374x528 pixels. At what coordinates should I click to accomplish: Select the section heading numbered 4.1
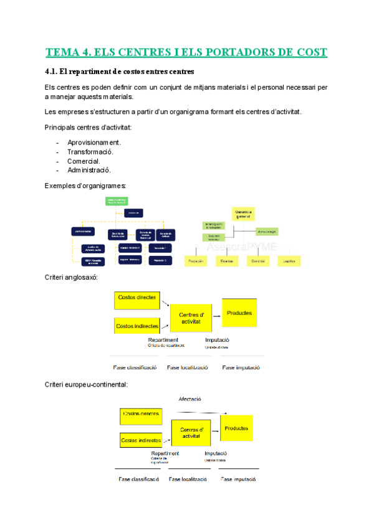(x=120, y=72)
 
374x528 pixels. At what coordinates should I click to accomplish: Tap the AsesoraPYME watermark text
(x=247, y=247)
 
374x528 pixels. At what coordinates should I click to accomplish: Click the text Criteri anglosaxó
(x=71, y=277)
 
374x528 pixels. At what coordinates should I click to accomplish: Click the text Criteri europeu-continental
(x=86, y=385)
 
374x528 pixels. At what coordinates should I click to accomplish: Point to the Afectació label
(x=189, y=398)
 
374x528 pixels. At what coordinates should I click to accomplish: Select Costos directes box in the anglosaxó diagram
(x=137, y=300)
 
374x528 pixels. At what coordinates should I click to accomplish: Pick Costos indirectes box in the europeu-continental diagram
(x=141, y=440)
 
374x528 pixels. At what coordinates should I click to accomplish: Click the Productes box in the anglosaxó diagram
(x=239, y=313)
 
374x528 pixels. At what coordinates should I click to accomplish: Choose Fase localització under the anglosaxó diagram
(x=188, y=367)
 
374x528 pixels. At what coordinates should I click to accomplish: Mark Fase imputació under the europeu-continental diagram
(x=240, y=479)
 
